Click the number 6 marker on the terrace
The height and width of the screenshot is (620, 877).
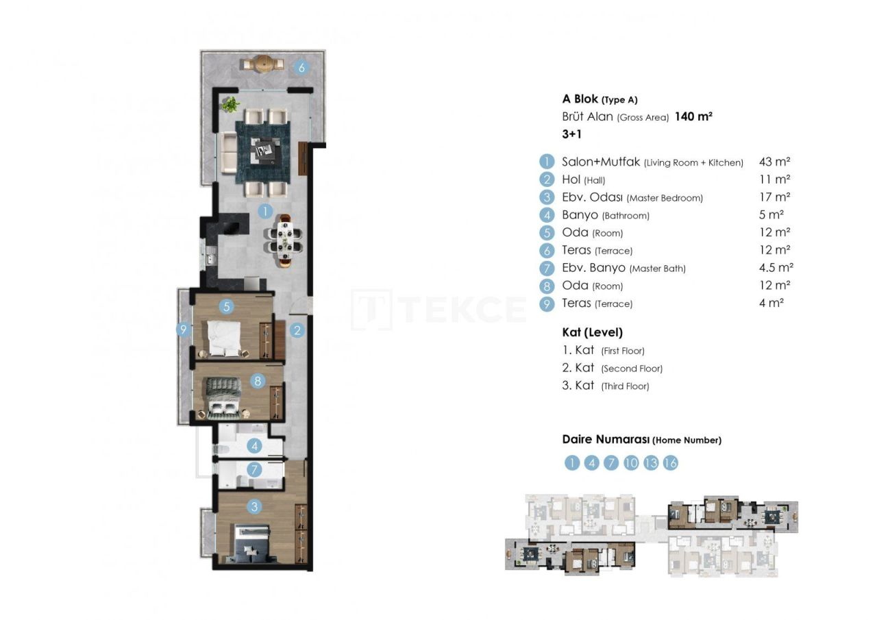pyautogui.click(x=301, y=67)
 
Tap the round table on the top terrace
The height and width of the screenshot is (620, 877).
pyautogui.click(x=262, y=64)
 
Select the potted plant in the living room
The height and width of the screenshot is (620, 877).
pyautogui.click(x=231, y=105)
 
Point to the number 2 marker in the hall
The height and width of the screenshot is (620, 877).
pyautogui.click(x=297, y=331)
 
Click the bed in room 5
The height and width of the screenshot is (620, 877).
pyautogui.click(x=225, y=338)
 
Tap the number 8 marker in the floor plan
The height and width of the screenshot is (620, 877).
pyautogui.click(x=258, y=380)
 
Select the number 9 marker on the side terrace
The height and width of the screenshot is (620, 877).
pyautogui.click(x=182, y=330)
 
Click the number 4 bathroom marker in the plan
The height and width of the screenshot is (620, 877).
pyautogui.click(x=255, y=446)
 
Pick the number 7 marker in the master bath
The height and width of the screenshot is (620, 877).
pyautogui.click(x=255, y=470)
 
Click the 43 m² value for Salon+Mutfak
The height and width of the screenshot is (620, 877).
pyautogui.click(x=774, y=162)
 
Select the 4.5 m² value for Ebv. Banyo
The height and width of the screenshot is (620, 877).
pyautogui.click(x=776, y=268)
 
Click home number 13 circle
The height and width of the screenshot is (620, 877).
pyautogui.click(x=651, y=463)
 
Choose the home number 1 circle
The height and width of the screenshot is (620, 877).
pyautogui.click(x=572, y=463)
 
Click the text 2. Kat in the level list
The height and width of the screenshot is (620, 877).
pyautogui.click(x=578, y=368)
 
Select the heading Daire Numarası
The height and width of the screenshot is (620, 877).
pyautogui.click(x=605, y=440)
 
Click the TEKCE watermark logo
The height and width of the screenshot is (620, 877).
pyautogui.click(x=438, y=310)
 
